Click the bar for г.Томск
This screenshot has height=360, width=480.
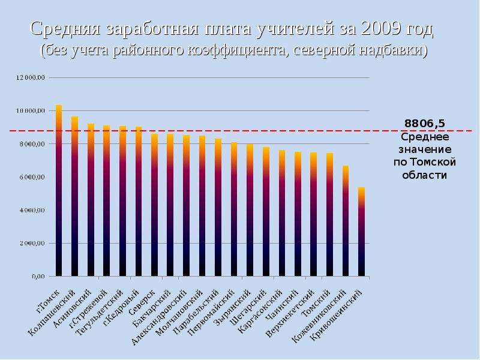(59, 192)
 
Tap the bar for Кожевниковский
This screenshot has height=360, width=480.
(346, 222)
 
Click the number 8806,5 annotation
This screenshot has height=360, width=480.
(424, 124)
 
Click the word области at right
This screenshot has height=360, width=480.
(424, 175)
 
